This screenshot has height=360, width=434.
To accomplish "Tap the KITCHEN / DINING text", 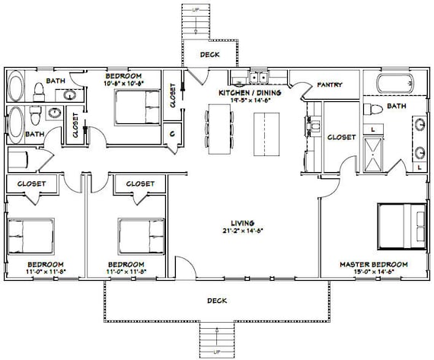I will click(250, 92).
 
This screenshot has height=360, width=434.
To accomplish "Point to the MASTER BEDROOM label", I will click(373, 264).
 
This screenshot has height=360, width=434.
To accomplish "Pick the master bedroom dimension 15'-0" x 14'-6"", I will click(373, 272).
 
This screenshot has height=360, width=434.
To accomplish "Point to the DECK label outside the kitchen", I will click(209, 54).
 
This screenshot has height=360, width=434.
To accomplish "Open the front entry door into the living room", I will click(186, 269).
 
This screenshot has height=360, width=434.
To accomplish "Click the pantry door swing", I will click(308, 91).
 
